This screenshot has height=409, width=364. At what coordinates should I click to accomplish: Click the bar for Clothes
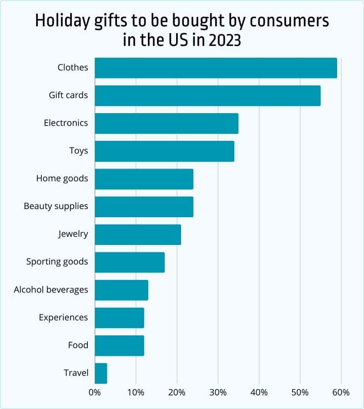click(x=216, y=68)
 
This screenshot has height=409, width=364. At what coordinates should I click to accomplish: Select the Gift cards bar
click(x=207, y=96)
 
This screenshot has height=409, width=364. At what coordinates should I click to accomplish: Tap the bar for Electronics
click(x=167, y=124)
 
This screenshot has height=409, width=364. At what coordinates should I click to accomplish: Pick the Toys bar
click(x=164, y=151)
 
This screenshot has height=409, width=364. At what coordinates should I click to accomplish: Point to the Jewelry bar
click(x=138, y=234)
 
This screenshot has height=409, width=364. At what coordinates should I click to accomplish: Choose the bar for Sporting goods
click(x=130, y=262)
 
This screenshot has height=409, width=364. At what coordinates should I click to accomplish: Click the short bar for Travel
click(x=101, y=373)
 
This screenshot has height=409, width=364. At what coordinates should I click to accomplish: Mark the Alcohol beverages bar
click(x=121, y=290)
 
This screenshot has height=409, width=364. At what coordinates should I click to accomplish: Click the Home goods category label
click(x=62, y=179)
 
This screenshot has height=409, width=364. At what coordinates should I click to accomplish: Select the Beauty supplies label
click(x=56, y=206)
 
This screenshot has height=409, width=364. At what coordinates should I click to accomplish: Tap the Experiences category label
click(x=63, y=317)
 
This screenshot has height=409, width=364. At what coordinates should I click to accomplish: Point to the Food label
click(x=78, y=345)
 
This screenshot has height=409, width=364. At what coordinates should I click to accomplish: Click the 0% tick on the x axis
click(x=95, y=392)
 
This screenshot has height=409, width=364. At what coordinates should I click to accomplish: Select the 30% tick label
click(x=218, y=392)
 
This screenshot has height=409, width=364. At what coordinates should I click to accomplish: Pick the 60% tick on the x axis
click(x=341, y=392)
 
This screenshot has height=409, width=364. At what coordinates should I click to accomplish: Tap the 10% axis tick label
click(x=136, y=392)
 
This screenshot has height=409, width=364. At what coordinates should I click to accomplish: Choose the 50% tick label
click(x=300, y=392)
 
